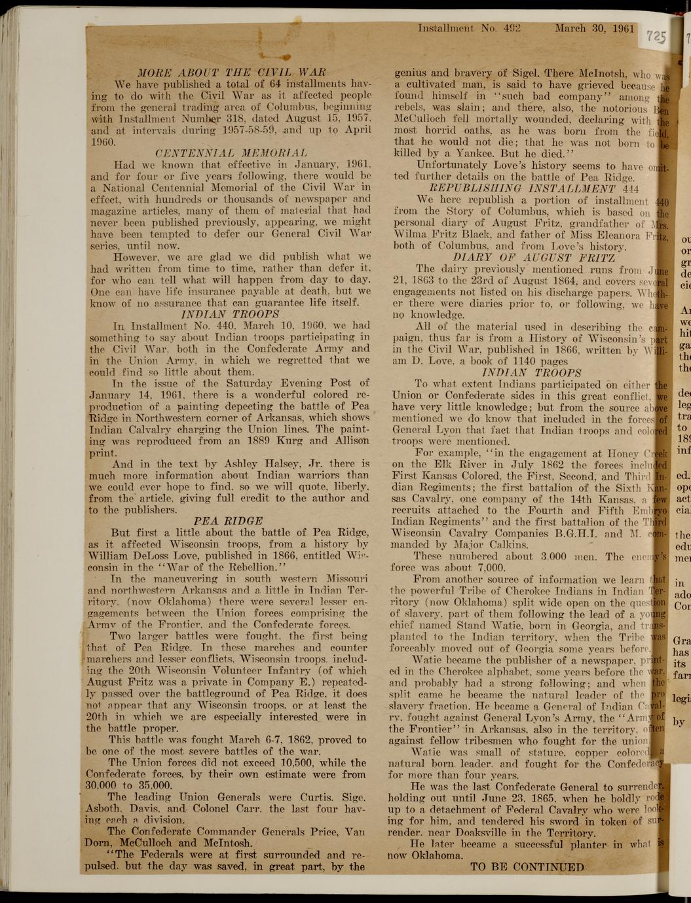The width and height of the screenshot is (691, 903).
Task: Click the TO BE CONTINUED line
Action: (527, 867)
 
